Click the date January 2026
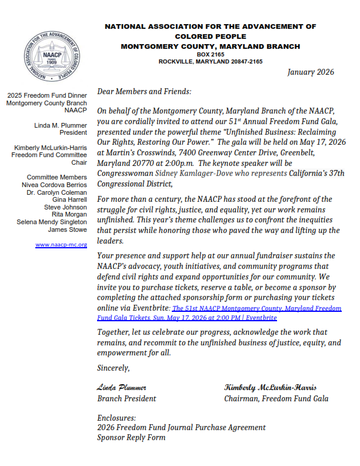[x=311, y=72]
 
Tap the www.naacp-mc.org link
[x=61, y=244]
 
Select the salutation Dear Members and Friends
[x=144, y=92]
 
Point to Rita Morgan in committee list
[x=69, y=215]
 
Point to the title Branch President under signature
[x=126, y=398]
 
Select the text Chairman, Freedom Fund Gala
[x=276, y=398]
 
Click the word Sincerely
[x=114, y=368]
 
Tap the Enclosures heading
[x=116, y=418]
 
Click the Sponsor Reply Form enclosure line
[x=131, y=437]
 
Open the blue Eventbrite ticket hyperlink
[x=224, y=312]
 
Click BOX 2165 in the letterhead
[x=210, y=54]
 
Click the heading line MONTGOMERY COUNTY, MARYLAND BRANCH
[x=210, y=46]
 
